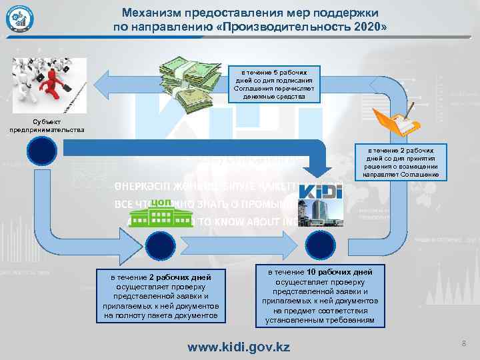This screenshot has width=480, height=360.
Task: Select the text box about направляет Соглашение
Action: [x=401, y=163]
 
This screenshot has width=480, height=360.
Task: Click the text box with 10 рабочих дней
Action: [x=320, y=297]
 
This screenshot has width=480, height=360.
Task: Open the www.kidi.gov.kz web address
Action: [x=239, y=347]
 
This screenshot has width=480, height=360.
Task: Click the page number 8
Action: [x=462, y=343]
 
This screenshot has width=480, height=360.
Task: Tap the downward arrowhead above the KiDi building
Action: [x=322, y=173]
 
